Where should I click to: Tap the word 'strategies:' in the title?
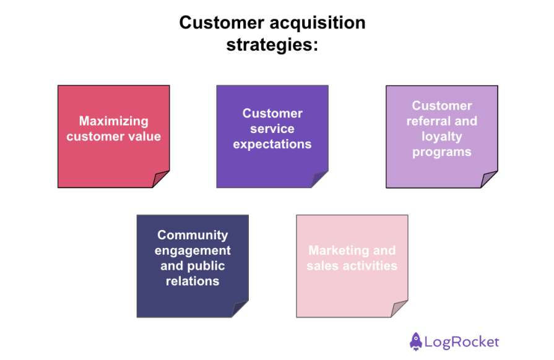point(272,45)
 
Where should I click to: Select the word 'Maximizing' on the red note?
point(114,121)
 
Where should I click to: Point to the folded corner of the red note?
point(162,179)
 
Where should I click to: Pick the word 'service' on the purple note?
point(272,129)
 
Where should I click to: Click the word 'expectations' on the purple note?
point(272,144)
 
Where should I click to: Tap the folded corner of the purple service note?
point(321,179)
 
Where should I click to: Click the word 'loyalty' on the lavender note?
point(442,137)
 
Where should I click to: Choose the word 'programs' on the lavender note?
point(442,152)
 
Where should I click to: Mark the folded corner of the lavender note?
point(490,179)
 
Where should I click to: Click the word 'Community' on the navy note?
point(193,235)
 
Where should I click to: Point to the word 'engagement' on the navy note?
point(193,251)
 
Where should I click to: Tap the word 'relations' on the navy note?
point(193,281)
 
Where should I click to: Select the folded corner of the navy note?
point(241,309)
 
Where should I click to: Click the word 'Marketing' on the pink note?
point(337,251)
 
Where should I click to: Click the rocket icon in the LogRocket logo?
point(416,341)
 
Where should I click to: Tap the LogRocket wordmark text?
point(462,341)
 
